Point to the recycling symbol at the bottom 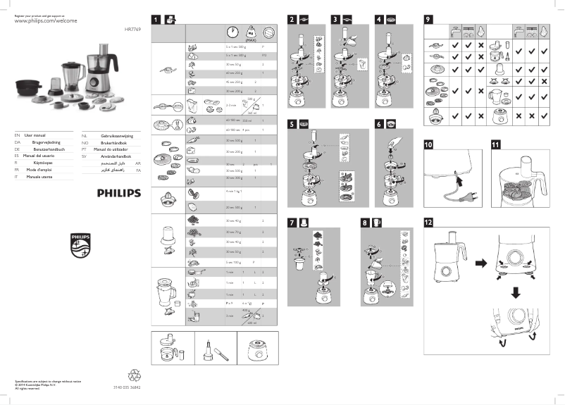click(x=135, y=376)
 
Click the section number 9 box click(x=428, y=19)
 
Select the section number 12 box click(x=428, y=222)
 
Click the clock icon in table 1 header click(x=232, y=33)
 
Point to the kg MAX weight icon click(x=249, y=33)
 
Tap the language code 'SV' click(x=84, y=156)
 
